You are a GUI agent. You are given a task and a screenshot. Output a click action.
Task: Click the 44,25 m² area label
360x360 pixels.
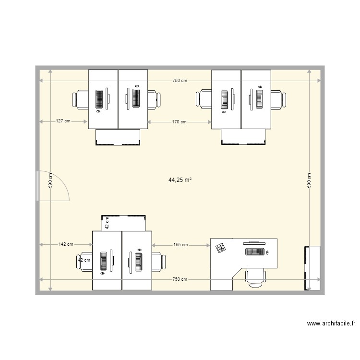[x=180, y=180]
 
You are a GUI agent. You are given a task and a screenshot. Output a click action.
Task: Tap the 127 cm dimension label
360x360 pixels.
[x=63, y=121]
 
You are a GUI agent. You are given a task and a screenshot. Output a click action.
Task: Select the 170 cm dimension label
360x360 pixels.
[x=180, y=122]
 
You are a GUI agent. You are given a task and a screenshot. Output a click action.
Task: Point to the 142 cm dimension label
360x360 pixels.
[x=66, y=244]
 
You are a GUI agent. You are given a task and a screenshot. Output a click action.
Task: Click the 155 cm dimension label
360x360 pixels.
[x=180, y=245]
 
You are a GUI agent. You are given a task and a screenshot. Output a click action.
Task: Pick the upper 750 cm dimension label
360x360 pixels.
[x=180, y=81]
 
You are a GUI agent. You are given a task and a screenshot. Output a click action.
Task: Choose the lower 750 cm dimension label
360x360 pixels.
[x=180, y=279]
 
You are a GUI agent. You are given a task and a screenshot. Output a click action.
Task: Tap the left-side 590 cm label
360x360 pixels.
[x=50, y=180]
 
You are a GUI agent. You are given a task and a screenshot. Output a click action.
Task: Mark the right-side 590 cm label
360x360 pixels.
[x=309, y=180]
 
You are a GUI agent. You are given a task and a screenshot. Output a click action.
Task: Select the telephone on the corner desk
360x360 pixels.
[x=221, y=248]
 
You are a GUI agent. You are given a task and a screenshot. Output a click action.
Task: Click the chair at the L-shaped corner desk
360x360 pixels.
[x=255, y=278]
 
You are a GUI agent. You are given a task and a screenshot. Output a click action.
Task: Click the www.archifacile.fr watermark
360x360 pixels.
[x=331, y=324]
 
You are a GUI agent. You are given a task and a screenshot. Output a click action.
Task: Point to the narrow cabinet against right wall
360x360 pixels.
[x=312, y=268]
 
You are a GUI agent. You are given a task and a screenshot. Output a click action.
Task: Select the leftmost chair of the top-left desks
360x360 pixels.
[x=80, y=100]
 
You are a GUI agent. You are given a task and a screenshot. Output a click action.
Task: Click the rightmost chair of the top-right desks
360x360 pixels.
[x=278, y=100]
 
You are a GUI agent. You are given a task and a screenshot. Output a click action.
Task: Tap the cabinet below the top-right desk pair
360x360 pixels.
[x=243, y=137]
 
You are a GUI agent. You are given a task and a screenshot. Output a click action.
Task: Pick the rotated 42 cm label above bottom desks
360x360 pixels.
[x=107, y=223]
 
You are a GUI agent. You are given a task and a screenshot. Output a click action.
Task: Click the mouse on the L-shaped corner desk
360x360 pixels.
[x=267, y=252]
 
